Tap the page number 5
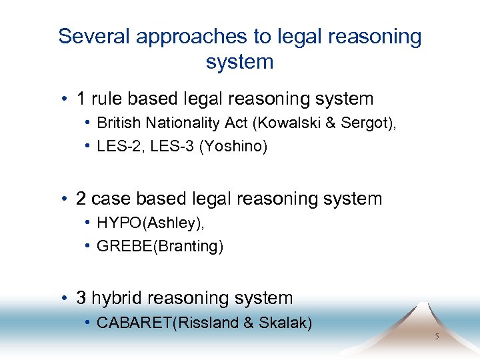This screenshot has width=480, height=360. coord(437,337)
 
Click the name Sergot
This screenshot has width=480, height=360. coord(361,123)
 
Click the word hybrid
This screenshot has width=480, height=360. coord(117,298)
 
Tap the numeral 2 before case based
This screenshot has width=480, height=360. coord(81,199)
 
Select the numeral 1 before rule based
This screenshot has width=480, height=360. coord(81,99)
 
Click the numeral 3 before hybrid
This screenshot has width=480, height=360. coord(81,298)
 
